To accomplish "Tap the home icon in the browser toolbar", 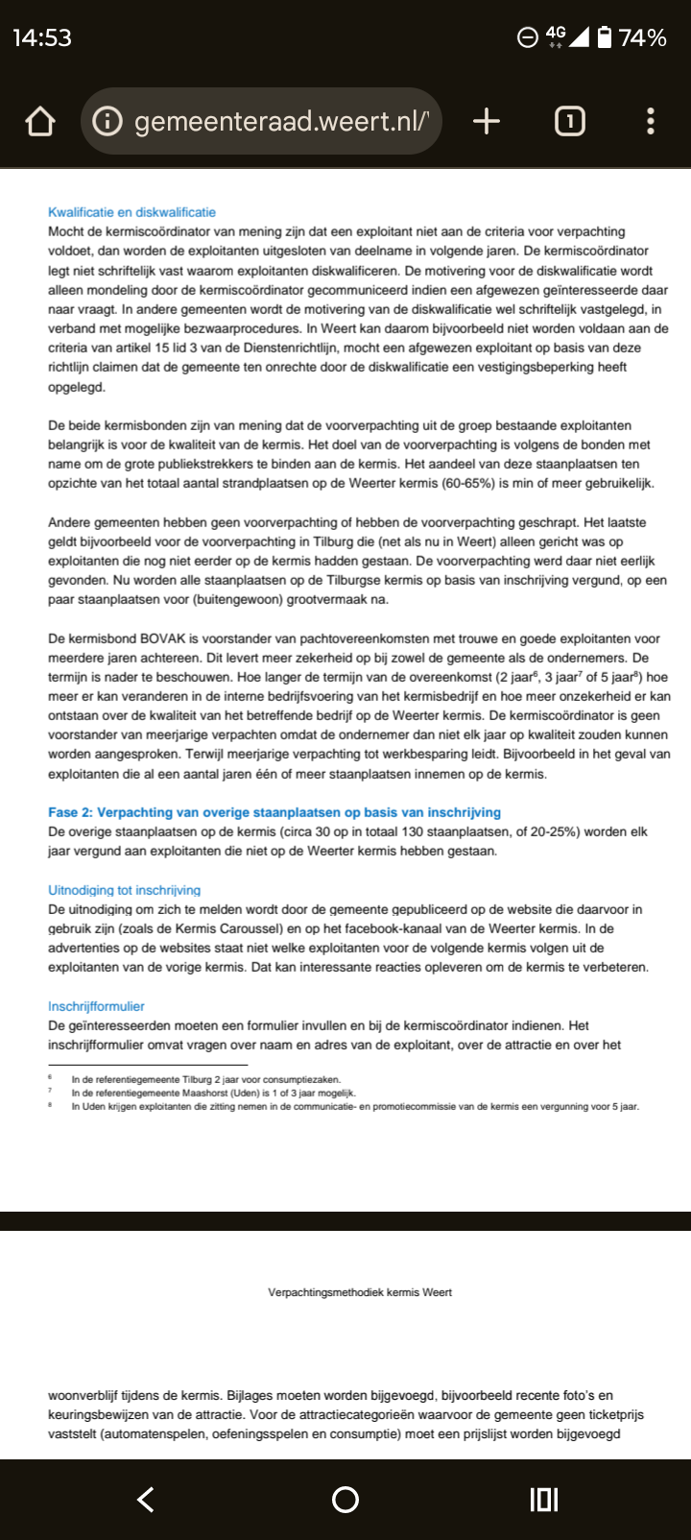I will (40, 122).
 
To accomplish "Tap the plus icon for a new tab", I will (487, 121).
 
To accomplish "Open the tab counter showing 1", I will (569, 121).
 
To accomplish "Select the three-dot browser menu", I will (651, 121).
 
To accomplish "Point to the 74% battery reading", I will (642, 37).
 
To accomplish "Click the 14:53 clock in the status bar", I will (42, 37).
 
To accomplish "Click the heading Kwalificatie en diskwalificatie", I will (132, 212).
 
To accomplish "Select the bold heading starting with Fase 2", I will (274, 812).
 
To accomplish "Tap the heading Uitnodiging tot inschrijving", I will (125, 890).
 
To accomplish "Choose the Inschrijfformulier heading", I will (96, 1006).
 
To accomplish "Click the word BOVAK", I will (167, 638).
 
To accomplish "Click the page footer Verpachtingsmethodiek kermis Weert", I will (360, 1292).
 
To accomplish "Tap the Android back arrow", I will (146, 1500).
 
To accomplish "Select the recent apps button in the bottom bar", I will (544, 1500).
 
